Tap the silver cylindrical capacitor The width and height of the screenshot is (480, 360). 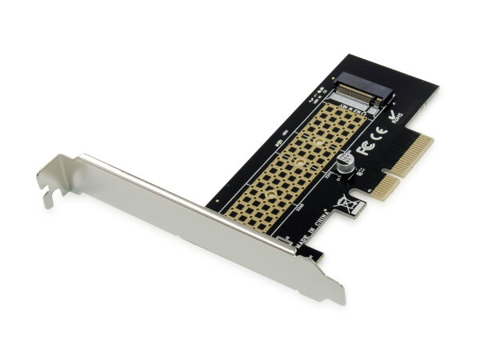pos(346,162)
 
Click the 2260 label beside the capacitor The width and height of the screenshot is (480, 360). pos(327,173)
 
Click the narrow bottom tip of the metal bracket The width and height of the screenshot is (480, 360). pos(337,296)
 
